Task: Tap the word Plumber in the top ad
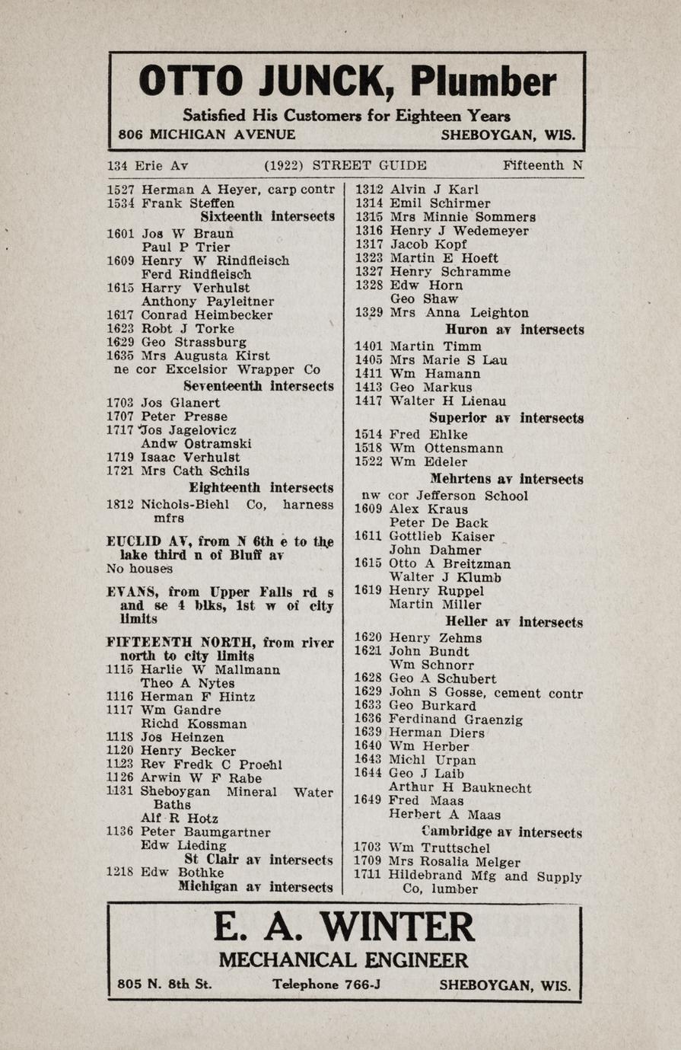point(484,81)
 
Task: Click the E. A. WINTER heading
point(344,927)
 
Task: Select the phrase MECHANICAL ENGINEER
point(344,959)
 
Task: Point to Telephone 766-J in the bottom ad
point(326,985)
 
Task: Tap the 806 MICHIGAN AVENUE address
point(207,135)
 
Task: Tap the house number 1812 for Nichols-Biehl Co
point(120,504)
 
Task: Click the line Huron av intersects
point(514,330)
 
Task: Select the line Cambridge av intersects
point(501,833)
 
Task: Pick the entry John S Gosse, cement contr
point(485,693)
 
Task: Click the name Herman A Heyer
point(199,190)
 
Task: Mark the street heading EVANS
point(133,592)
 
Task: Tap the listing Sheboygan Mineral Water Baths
point(237,792)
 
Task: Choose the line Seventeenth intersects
point(258,386)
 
